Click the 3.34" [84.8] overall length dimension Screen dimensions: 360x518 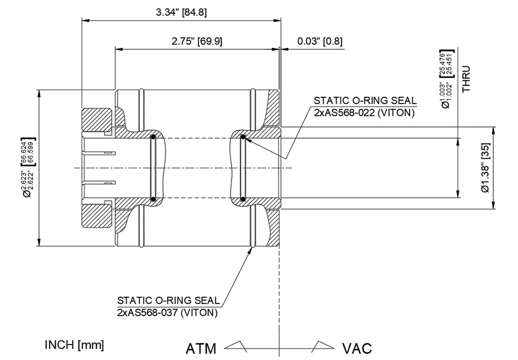coord(181,13)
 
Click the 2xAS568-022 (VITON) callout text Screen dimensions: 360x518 coord(364,113)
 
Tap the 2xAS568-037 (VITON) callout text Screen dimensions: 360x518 coord(167,313)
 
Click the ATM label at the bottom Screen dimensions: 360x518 coord(201,348)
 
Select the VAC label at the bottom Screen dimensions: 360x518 coord(357,348)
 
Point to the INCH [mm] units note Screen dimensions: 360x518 coord(74,345)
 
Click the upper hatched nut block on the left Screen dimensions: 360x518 coord(97,118)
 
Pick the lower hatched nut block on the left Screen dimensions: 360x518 coord(97,217)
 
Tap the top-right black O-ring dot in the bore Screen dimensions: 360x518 coord(242,137)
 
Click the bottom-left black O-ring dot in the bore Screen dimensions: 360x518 coord(153,198)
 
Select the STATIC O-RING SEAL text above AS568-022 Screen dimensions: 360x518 coord(365,101)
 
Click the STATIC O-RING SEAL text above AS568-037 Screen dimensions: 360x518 coord(168,300)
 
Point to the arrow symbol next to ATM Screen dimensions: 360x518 coord(235,346)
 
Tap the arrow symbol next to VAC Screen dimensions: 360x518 coord(322,346)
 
